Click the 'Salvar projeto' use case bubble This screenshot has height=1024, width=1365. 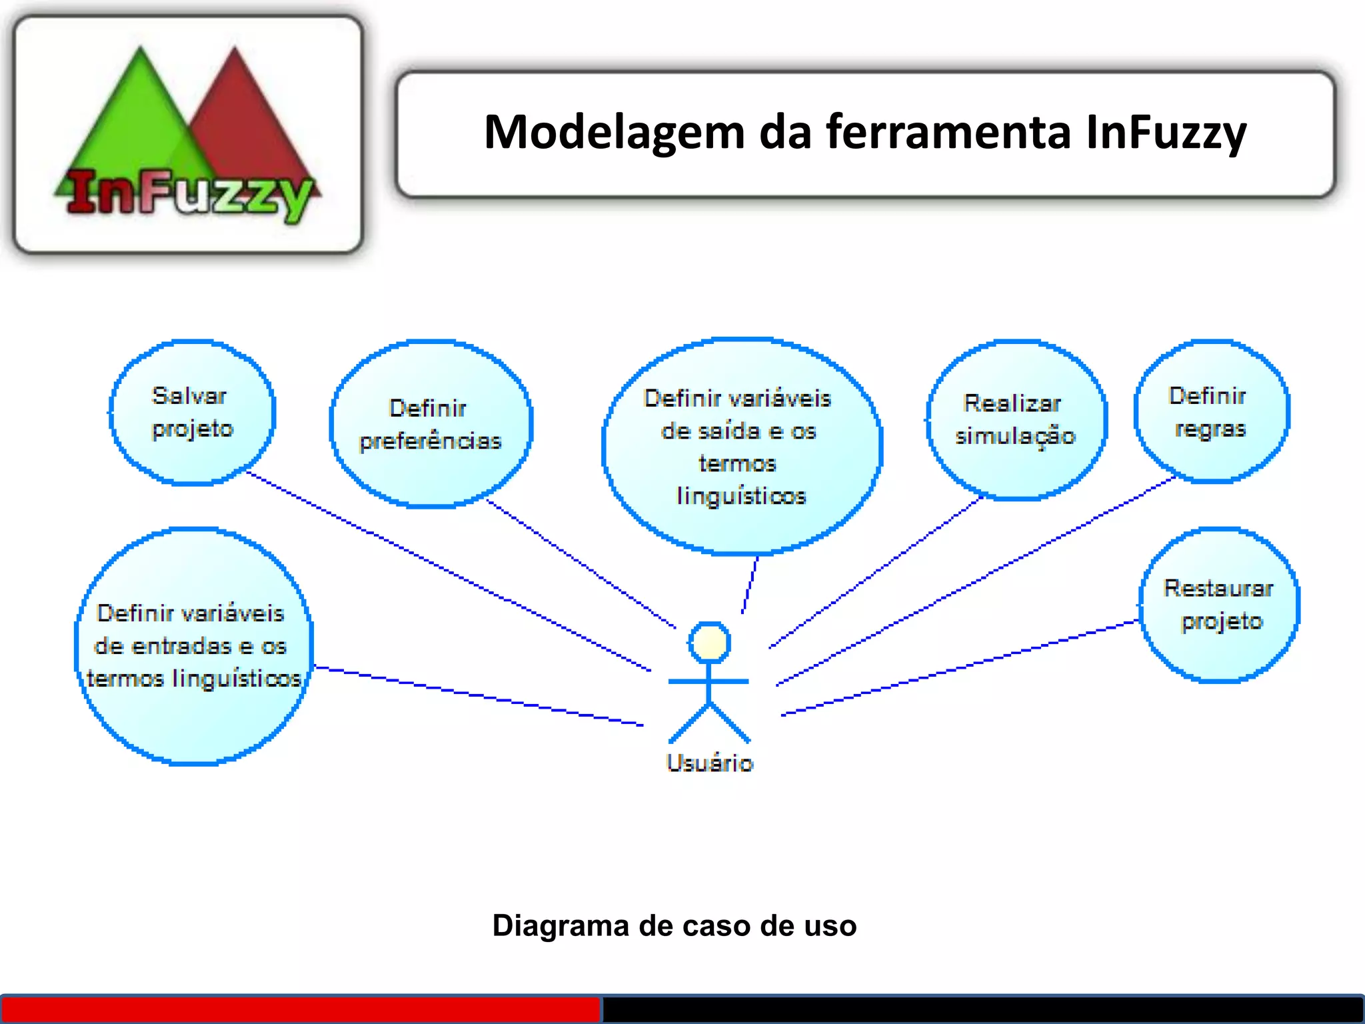coord(192,412)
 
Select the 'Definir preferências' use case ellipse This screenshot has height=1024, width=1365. coord(430,424)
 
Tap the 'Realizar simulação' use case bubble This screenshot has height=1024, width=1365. coord(1015,420)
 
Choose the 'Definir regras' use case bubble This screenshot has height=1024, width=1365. coord(1210,412)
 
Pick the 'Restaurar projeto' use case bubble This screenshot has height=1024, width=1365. coord(1219,605)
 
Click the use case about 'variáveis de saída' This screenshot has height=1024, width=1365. coord(741,447)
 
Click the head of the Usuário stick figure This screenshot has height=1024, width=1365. coord(709,643)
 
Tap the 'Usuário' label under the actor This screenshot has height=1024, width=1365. coord(709,763)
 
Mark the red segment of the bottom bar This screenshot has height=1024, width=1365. coord(300,1009)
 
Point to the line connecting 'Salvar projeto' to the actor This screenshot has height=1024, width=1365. coord(447,571)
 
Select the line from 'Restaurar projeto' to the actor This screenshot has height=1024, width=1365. coord(960,667)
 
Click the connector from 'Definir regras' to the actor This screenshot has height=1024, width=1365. coord(976,581)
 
